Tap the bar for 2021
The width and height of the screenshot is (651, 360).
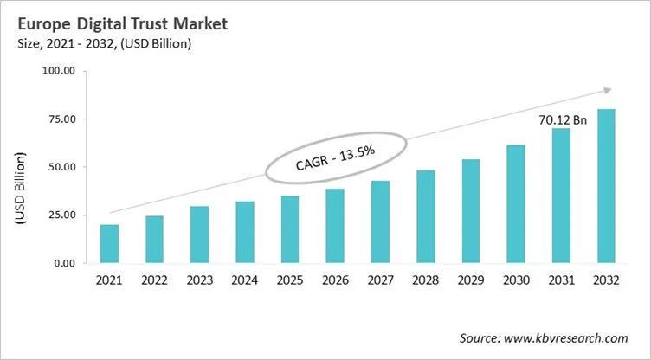pyautogui.click(x=109, y=244)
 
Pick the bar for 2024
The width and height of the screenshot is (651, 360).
pyautogui.click(x=245, y=232)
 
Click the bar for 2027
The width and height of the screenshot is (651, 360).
pyautogui.click(x=380, y=222)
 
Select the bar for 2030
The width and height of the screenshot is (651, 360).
pyautogui.click(x=516, y=203)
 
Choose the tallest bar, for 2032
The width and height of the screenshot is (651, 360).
pyautogui.click(x=606, y=186)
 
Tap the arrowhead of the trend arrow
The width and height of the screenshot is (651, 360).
pyautogui.click(x=608, y=89)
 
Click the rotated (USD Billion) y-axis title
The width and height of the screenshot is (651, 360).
pyautogui.click(x=19, y=189)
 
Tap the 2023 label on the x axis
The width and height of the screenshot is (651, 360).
pyautogui.click(x=200, y=281)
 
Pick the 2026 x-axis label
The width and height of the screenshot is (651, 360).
pyautogui.click(x=335, y=281)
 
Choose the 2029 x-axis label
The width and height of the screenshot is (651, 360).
pyautogui.click(x=471, y=281)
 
